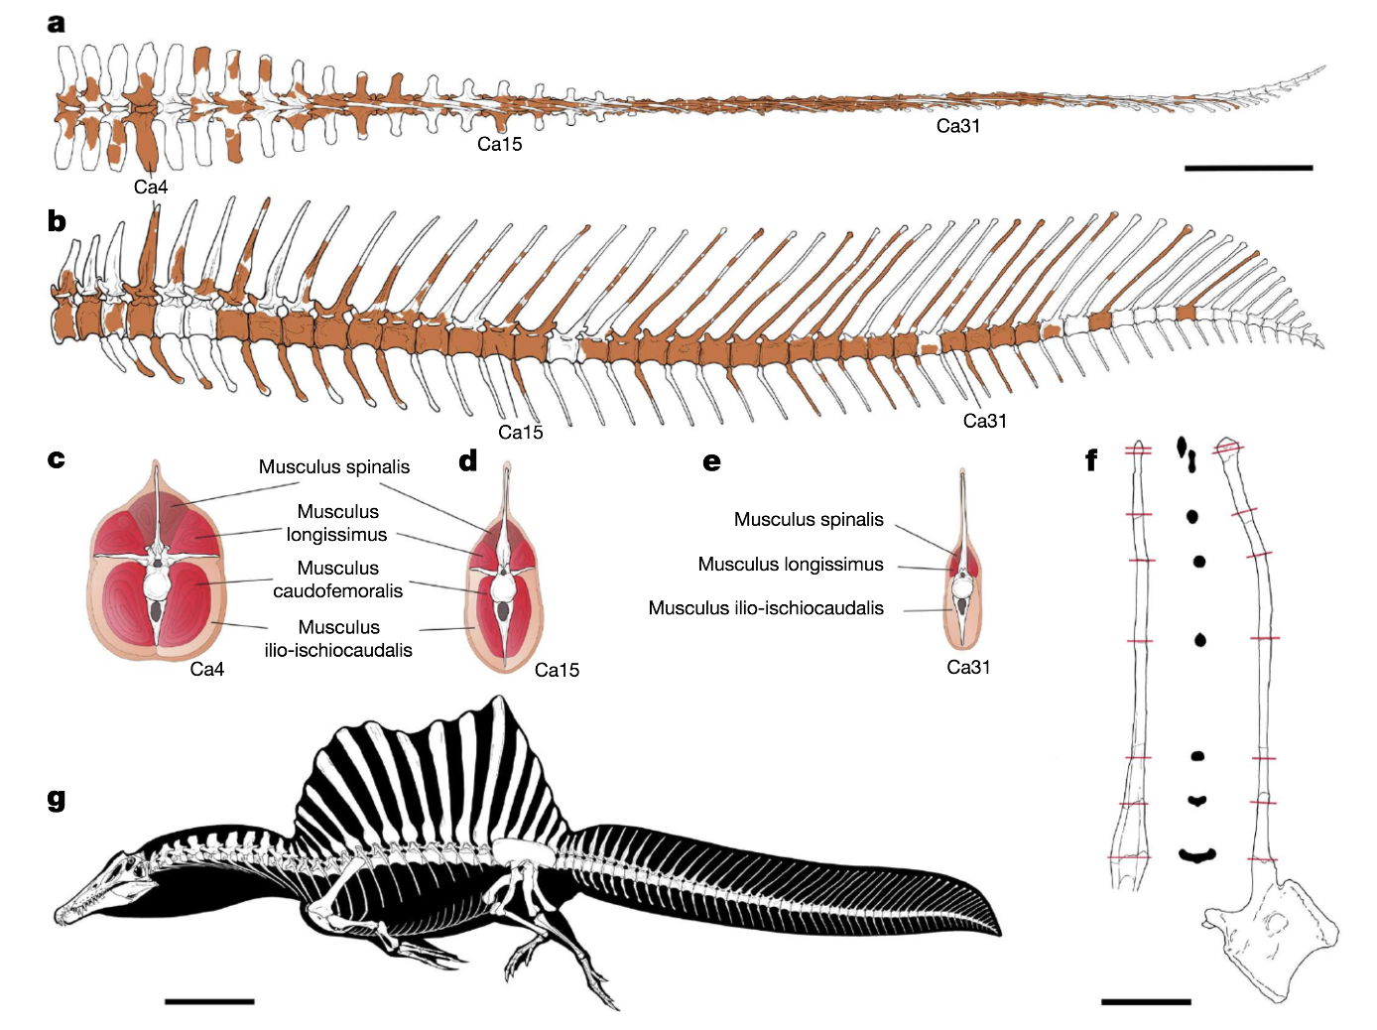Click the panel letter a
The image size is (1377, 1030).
[57, 24]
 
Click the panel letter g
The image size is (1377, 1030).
[57, 800]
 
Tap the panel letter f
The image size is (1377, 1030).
[1091, 459]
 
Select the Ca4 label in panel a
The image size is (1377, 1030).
[151, 187]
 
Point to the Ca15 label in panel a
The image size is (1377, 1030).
[499, 144]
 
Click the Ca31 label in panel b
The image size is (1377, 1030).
[984, 421]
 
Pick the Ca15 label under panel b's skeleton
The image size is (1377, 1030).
[521, 432]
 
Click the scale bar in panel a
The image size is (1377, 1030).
[1248, 168]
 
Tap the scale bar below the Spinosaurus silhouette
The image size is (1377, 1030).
[209, 1001]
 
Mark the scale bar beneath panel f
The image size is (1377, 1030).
[1146, 1001]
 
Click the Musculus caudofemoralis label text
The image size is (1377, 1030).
[338, 579]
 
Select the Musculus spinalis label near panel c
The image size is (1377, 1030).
[334, 466]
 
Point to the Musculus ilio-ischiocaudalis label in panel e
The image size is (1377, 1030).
[766, 608]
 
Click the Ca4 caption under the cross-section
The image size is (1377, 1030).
[206, 669]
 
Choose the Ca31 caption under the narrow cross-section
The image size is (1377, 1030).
[968, 667]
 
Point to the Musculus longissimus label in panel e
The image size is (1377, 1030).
[791, 564]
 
